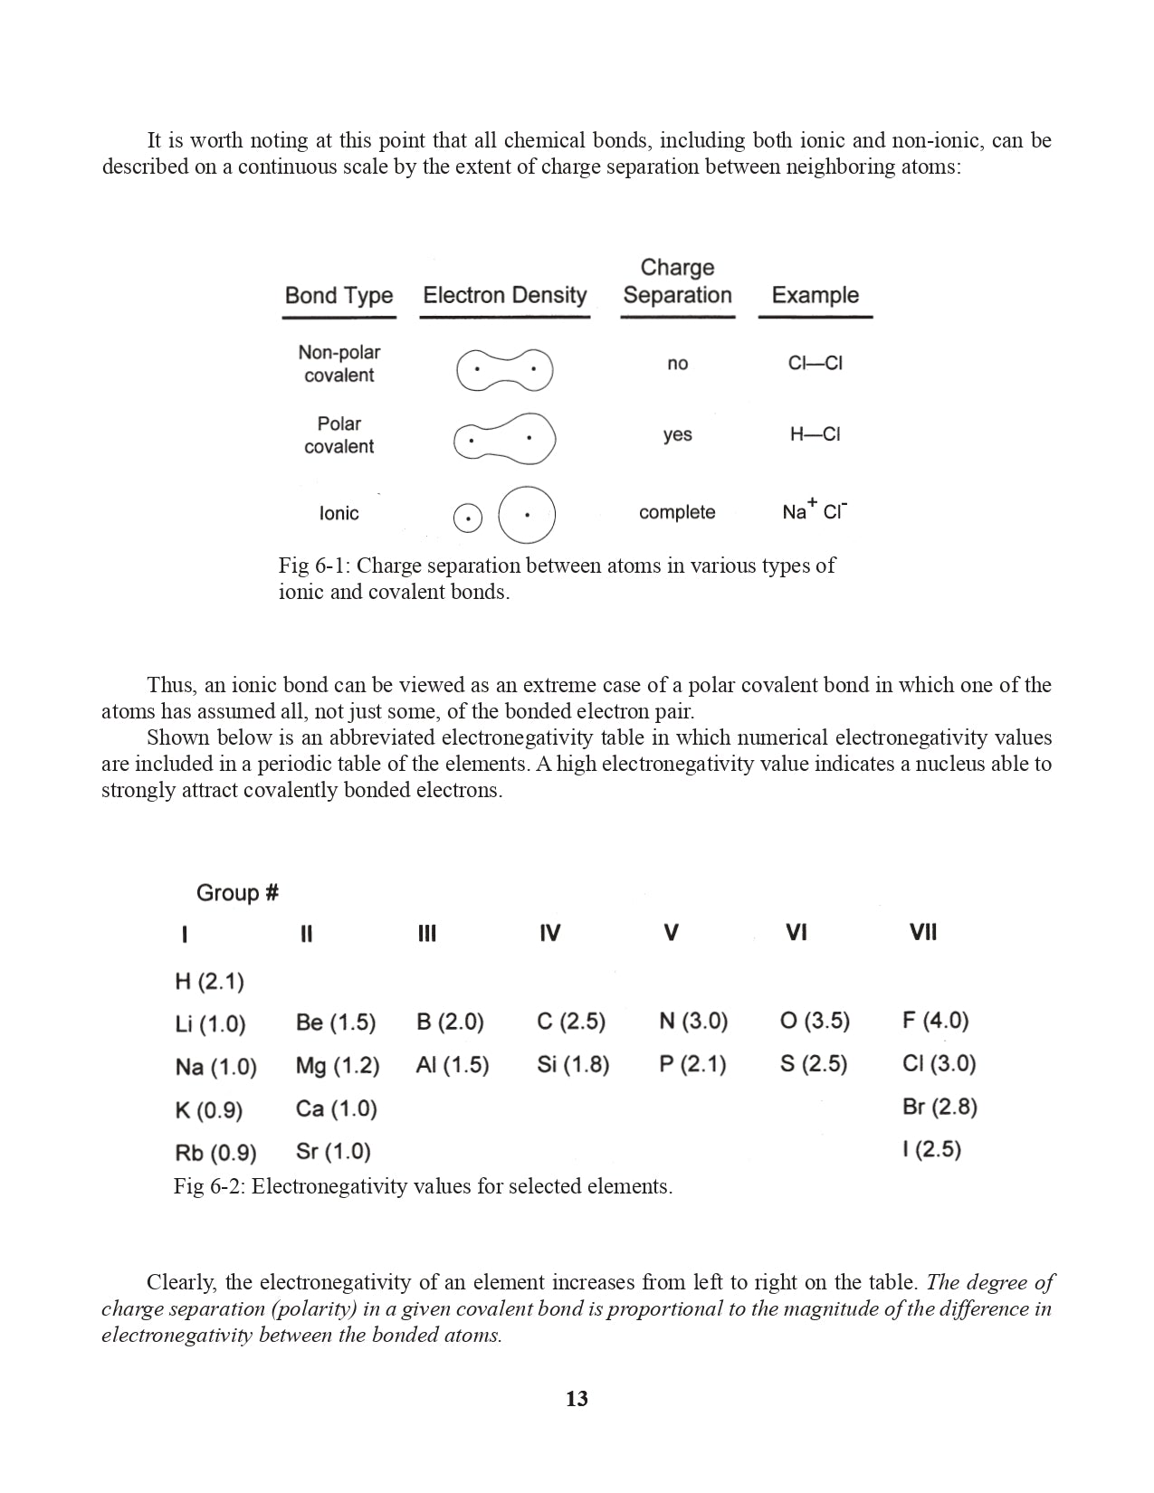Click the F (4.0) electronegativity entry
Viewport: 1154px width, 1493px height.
click(x=935, y=1021)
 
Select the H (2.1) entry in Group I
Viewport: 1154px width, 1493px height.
click(x=209, y=982)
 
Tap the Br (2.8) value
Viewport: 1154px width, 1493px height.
click(x=939, y=1107)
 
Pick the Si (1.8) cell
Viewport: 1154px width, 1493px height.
click(x=573, y=1064)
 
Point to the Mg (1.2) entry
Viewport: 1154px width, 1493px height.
click(x=338, y=1066)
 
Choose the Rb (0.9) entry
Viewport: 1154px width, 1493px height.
click(x=215, y=1153)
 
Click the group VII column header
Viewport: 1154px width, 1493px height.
click(x=923, y=933)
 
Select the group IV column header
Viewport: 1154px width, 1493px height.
click(x=549, y=933)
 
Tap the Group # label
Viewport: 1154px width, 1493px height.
click(x=237, y=893)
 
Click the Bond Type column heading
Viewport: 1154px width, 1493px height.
click(x=339, y=296)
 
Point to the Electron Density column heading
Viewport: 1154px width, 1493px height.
click(x=505, y=295)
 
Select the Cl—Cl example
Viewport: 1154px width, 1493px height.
click(x=815, y=363)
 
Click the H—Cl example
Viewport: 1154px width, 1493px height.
click(x=815, y=434)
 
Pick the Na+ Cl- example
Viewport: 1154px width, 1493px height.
click(x=815, y=511)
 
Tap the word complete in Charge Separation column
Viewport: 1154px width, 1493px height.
click(x=677, y=512)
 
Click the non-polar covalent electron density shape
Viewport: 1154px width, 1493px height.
click(x=504, y=369)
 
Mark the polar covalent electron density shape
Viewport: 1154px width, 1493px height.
click(x=504, y=439)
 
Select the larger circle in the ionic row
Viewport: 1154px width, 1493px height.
click(x=527, y=515)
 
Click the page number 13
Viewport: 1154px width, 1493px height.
click(x=577, y=1399)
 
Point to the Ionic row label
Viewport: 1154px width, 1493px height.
click(x=339, y=513)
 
